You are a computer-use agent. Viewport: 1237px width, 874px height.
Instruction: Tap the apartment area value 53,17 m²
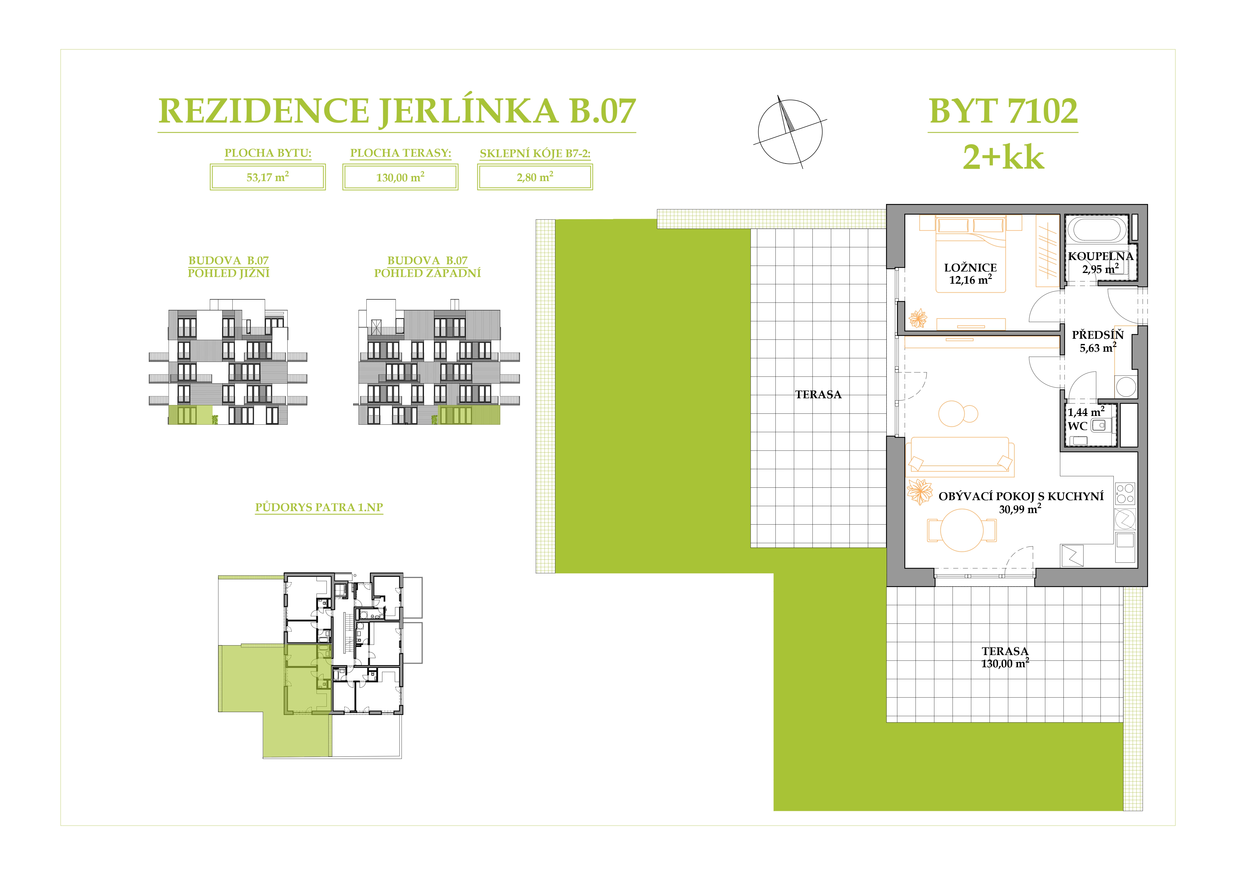[x=268, y=177]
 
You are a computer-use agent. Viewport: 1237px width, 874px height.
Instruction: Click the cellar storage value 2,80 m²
[x=535, y=177]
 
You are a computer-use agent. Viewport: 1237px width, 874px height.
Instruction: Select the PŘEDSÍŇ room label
[x=1097, y=335]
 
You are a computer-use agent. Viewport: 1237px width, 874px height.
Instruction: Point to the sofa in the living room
[x=960, y=457]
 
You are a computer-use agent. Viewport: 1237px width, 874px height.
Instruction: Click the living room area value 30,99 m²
[x=1020, y=509]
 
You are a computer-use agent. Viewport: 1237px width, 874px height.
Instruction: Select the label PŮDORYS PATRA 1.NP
[x=319, y=507]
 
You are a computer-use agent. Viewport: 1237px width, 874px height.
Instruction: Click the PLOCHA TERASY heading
[x=400, y=153]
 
